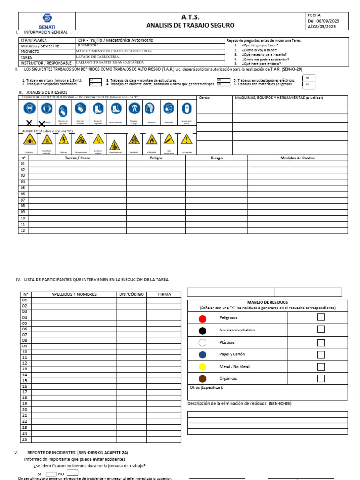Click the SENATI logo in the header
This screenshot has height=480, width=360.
tap(47, 21)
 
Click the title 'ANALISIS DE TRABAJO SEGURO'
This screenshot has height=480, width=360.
tap(190, 25)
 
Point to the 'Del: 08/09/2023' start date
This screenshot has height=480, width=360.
tap(323, 21)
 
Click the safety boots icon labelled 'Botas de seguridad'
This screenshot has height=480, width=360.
tap(97, 109)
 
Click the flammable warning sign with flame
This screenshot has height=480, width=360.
tap(152, 139)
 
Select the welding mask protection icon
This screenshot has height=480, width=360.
tap(186, 109)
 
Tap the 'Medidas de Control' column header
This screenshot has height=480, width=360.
tap(298, 158)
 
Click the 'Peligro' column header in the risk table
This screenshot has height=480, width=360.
tap(156, 158)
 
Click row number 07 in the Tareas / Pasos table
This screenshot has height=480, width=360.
tap(23, 200)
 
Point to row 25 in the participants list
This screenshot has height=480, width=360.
tap(24, 439)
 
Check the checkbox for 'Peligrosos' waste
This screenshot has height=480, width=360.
tap(321, 317)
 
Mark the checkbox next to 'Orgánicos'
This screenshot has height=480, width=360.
tap(321, 378)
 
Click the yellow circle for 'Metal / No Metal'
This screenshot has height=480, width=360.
tap(202, 366)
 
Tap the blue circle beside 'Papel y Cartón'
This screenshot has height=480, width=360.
tap(202, 354)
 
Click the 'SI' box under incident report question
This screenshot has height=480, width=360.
tap(51, 473)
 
